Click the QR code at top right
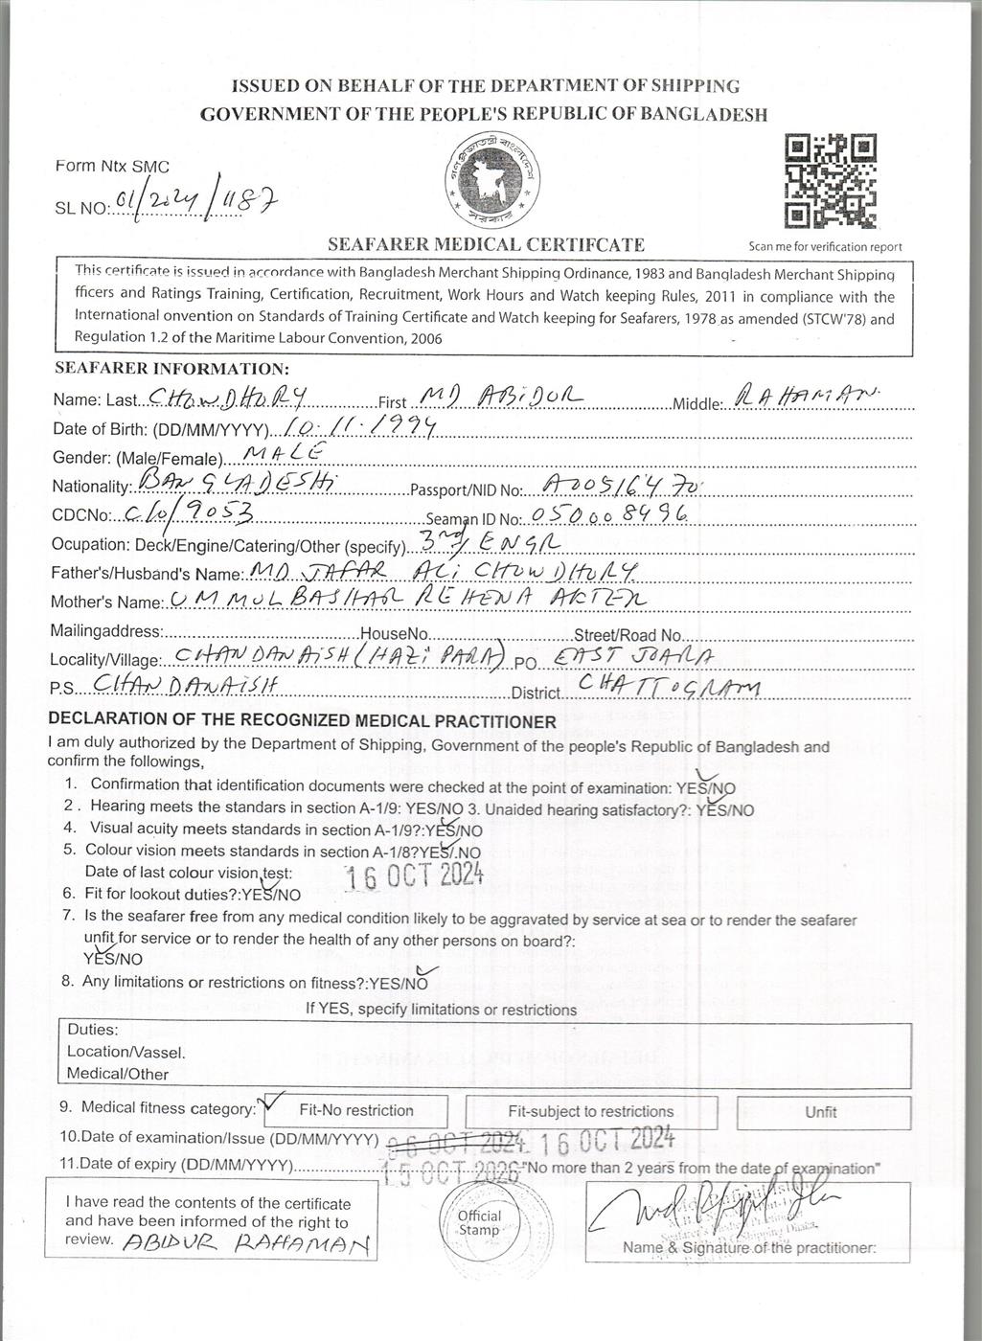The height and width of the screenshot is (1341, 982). (830, 182)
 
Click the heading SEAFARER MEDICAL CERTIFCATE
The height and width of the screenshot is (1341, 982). (486, 244)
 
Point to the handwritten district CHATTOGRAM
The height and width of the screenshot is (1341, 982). (670, 687)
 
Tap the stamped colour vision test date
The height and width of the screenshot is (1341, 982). (414, 875)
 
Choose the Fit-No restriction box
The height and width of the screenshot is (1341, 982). (356, 1111)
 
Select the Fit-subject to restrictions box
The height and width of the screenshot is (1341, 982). (590, 1112)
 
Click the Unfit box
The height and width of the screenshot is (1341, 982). (821, 1112)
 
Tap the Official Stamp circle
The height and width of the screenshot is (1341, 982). (478, 1222)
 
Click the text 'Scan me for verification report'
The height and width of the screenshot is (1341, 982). (825, 246)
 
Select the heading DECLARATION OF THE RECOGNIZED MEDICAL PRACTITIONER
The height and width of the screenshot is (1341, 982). (302, 721)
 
